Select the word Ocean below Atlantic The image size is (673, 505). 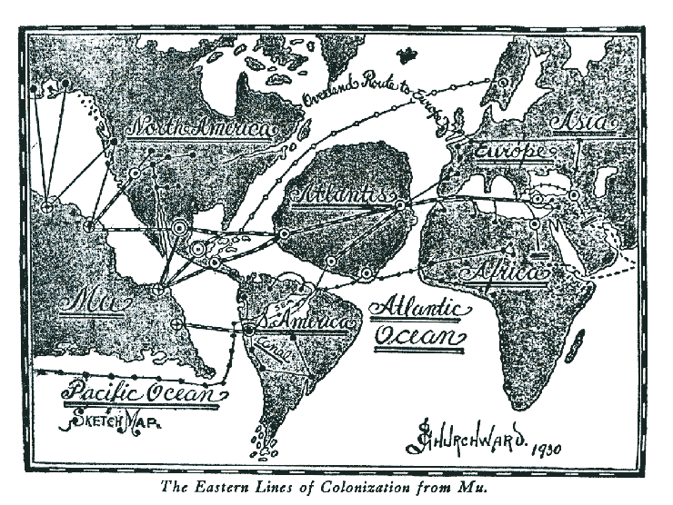419,337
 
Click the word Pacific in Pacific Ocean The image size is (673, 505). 95,394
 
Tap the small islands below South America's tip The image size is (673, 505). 266,446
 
